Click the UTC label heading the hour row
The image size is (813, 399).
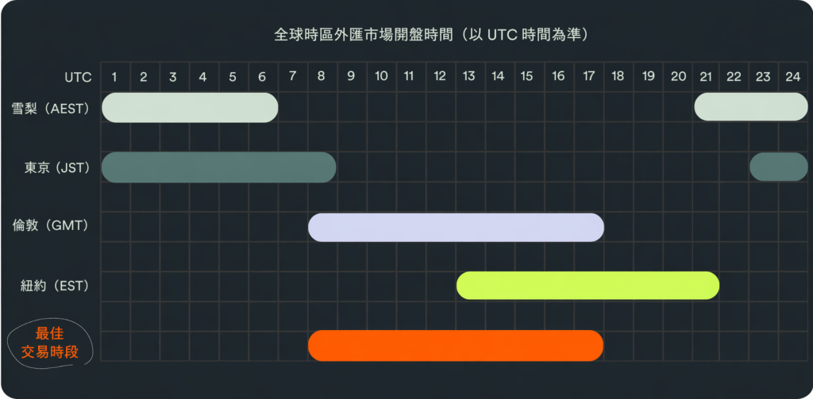point(79,77)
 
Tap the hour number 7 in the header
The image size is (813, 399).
point(292,77)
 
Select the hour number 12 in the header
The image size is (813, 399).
point(440,77)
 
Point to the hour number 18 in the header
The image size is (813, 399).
point(618,77)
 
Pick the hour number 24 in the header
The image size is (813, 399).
point(793,77)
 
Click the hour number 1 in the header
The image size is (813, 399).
point(114,77)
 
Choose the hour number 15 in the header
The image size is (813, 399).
point(527,77)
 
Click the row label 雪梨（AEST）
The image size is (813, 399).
point(51,108)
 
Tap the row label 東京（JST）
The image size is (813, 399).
point(57,168)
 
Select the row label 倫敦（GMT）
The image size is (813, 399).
point(52,226)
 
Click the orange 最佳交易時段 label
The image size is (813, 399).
point(50,342)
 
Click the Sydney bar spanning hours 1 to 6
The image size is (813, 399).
point(190,108)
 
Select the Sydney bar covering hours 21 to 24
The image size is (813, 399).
point(751,107)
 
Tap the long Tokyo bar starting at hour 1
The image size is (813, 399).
point(219,167)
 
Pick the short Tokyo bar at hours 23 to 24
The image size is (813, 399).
point(779,167)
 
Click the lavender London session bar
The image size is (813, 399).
point(456,227)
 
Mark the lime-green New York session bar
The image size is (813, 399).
point(588,286)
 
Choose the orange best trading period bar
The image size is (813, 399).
point(456,346)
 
